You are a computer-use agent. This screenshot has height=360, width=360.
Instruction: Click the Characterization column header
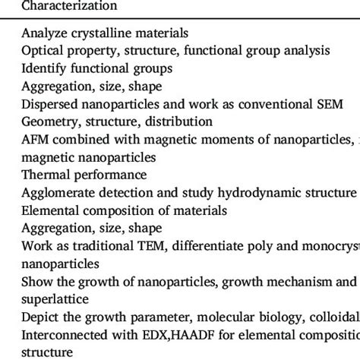pos(69,6)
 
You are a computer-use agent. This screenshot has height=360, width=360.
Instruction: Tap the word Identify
pos(43,68)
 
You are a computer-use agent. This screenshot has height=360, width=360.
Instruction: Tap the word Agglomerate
pos(57,192)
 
